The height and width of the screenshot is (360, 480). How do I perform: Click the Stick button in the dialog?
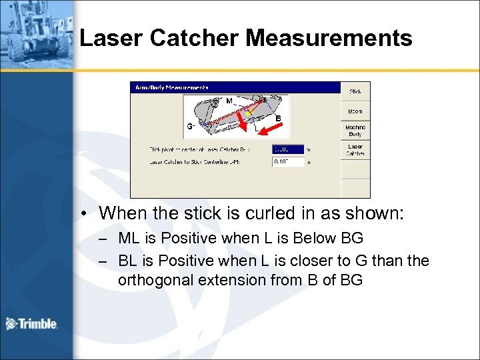point(355,91)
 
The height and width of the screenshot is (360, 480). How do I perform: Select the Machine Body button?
point(355,130)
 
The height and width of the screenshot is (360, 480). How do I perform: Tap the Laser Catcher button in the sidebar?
point(355,149)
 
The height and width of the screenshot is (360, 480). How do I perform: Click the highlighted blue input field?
point(288,149)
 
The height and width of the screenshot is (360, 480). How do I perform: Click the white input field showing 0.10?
point(288,161)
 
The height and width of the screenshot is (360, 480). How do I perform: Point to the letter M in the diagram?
point(229,101)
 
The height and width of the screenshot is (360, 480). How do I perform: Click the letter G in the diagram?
point(189,125)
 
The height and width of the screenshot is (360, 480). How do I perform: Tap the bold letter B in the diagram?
point(278,119)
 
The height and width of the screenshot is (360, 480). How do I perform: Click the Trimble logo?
point(31,324)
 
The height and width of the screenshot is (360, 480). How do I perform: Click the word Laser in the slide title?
point(111,38)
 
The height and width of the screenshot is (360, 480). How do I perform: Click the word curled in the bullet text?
point(237,213)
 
